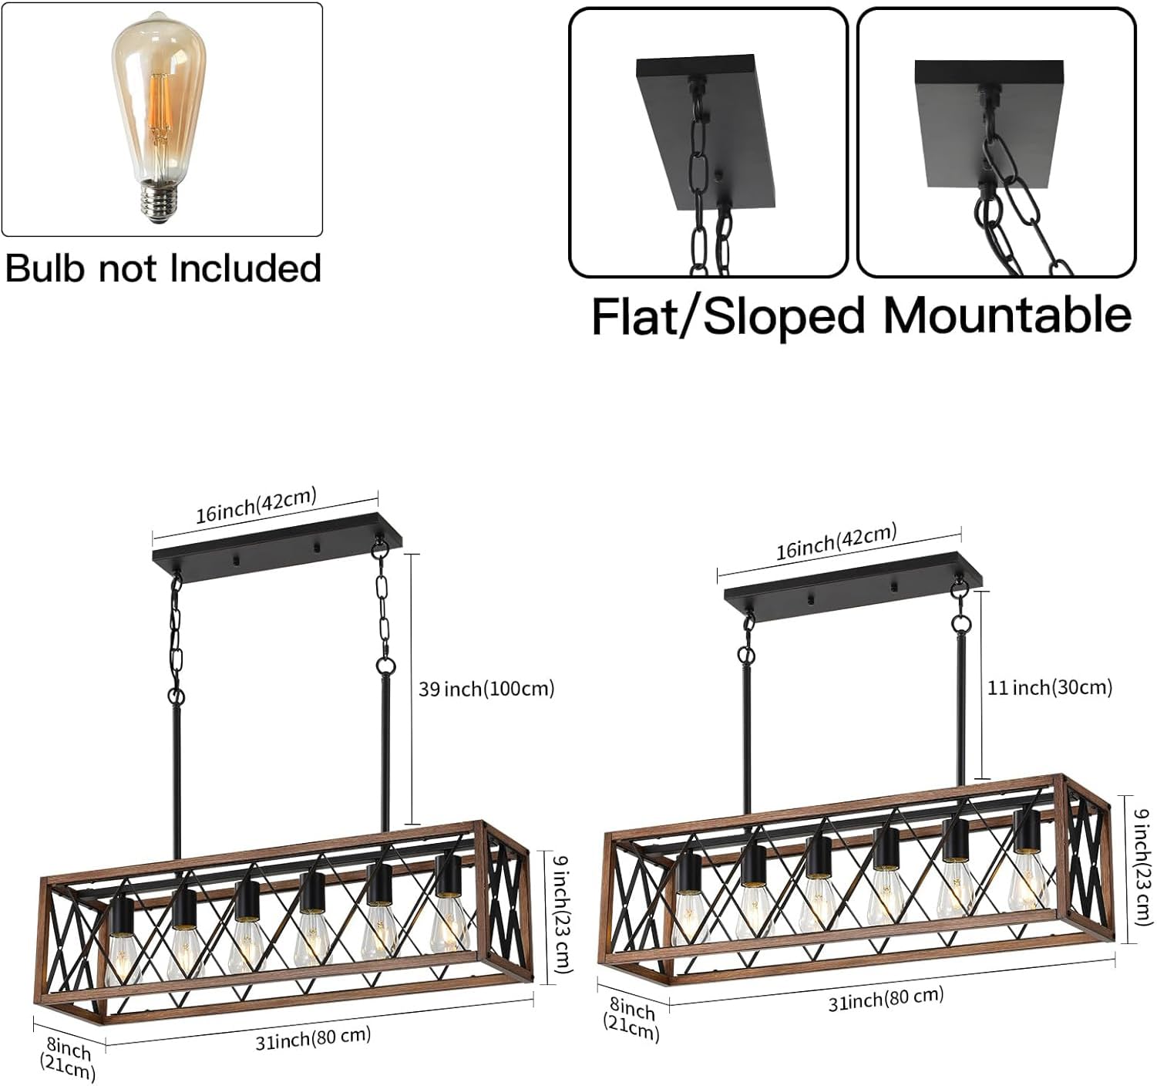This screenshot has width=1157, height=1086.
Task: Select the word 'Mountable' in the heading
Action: tap(1007, 315)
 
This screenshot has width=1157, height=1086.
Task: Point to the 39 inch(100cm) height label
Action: tap(486, 689)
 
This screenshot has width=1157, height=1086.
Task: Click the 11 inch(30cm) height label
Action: tap(1050, 688)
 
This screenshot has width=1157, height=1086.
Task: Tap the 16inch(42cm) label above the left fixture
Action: tap(257, 504)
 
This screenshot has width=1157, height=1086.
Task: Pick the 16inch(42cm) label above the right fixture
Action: tap(836, 541)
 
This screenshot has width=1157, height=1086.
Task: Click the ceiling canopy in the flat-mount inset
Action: tap(989, 123)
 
